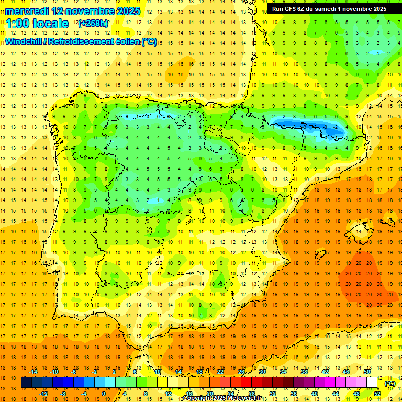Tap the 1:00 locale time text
(x=37, y=24)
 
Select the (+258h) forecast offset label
(x=93, y=24)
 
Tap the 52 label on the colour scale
(x=377, y=394)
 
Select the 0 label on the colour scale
(x=104, y=394)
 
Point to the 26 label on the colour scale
(x=241, y=371)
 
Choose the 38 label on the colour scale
(x=304, y=371)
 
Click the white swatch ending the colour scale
(x=372, y=383)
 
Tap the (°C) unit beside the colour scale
(x=389, y=383)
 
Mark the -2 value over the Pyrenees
(x=336, y=127)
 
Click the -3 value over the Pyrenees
(x=304, y=127)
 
